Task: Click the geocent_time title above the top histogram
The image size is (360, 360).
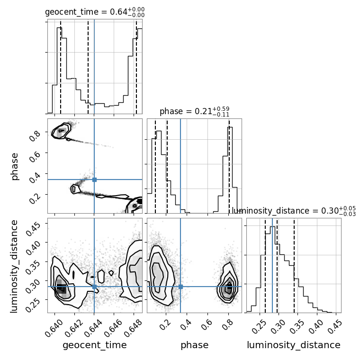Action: pyautogui.click(x=95, y=12)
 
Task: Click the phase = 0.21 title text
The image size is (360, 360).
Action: pyautogui.click(x=195, y=111)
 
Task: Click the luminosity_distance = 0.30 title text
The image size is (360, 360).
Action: pyautogui.click(x=294, y=211)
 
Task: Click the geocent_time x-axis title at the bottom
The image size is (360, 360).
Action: pyautogui.click(x=95, y=345)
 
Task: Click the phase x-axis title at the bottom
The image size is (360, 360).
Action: pyautogui.click(x=195, y=345)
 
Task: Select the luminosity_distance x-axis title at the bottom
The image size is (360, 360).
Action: pyautogui.click(x=294, y=345)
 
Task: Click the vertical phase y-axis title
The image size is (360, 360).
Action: pyautogui.click(x=14, y=166)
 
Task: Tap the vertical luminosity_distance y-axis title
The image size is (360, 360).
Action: pyautogui.click(x=14, y=266)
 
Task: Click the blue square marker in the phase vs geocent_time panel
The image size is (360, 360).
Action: pyautogui.click(x=94, y=180)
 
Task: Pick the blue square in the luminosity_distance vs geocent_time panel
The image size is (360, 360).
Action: pyautogui.click(x=94, y=287)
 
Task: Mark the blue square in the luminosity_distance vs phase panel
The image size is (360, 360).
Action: pyautogui.click(x=180, y=287)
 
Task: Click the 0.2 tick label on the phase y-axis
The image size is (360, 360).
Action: pyautogui.click(x=35, y=198)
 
